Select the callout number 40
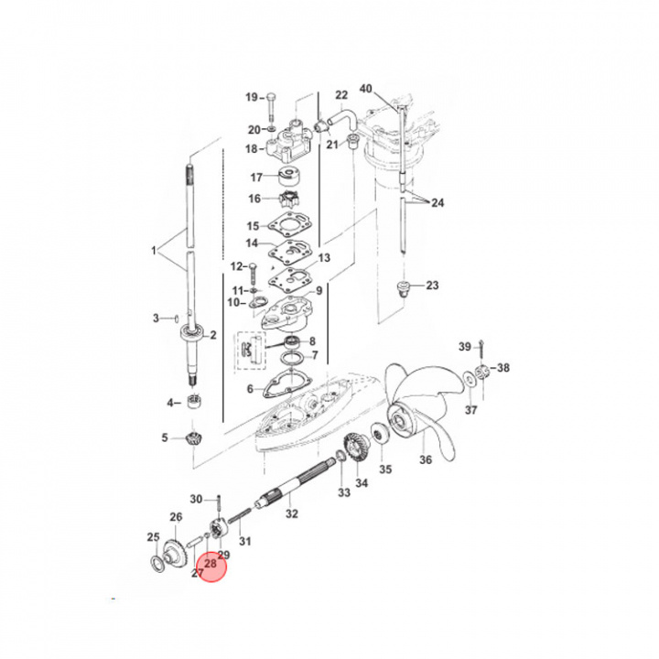[x=366, y=89]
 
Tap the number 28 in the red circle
[x=211, y=565]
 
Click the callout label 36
[x=424, y=460]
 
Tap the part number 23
[x=431, y=286]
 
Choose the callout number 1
[x=155, y=249]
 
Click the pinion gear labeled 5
[x=192, y=438]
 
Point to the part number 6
[x=250, y=389]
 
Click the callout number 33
[x=344, y=493]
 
